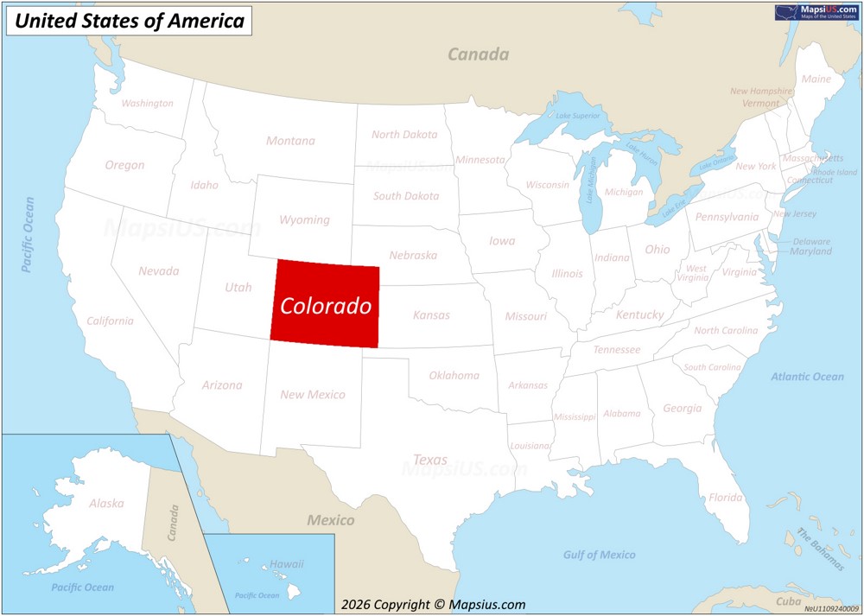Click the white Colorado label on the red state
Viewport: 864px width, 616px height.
tap(326, 306)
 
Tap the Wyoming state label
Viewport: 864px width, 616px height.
tap(304, 219)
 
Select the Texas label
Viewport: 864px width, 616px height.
tap(430, 460)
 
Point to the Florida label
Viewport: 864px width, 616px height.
tap(725, 498)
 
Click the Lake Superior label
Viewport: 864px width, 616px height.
tap(577, 116)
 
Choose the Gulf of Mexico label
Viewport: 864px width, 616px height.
tap(599, 555)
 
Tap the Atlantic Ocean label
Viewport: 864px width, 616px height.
tap(807, 377)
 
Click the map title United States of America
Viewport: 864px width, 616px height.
tap(130, 21)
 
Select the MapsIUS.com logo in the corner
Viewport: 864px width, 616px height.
tap(816, 11)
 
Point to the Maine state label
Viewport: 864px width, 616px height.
tap(816, 79)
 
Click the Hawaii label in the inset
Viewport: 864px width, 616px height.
tap(286, 564)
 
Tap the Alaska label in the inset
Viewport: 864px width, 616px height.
tap(106, 503)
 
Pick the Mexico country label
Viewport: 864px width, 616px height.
tap(331, 520)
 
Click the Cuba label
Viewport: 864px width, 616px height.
tap(788, 601)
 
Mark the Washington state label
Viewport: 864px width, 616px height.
tap(147, 103)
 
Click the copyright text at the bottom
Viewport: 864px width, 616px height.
tap(433, 605)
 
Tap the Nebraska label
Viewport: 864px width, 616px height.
tap(413, 255)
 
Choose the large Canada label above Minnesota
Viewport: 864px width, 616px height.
tap(478, 54)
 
